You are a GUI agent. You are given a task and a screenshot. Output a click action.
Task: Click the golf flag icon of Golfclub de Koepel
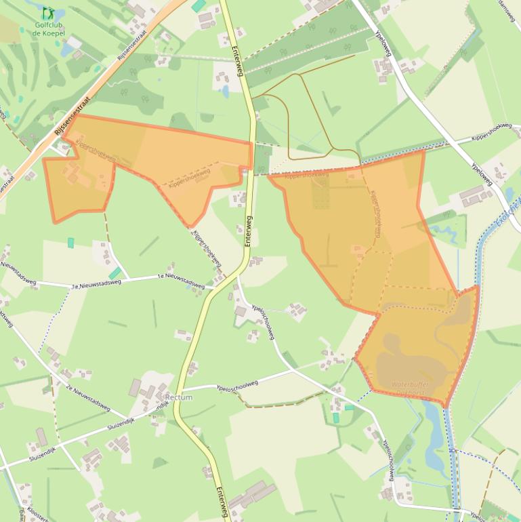click(47, 13)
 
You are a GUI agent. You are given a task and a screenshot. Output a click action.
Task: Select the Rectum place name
click(179, 397)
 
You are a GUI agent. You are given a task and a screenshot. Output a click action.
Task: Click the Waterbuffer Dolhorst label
click(411, 388)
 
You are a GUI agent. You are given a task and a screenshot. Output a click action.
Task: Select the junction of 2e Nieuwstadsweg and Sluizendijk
click(129, 418)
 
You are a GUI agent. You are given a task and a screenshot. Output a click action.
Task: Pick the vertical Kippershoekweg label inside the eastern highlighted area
click(376, 212)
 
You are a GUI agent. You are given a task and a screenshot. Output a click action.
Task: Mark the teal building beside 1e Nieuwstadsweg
click(117, 273)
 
